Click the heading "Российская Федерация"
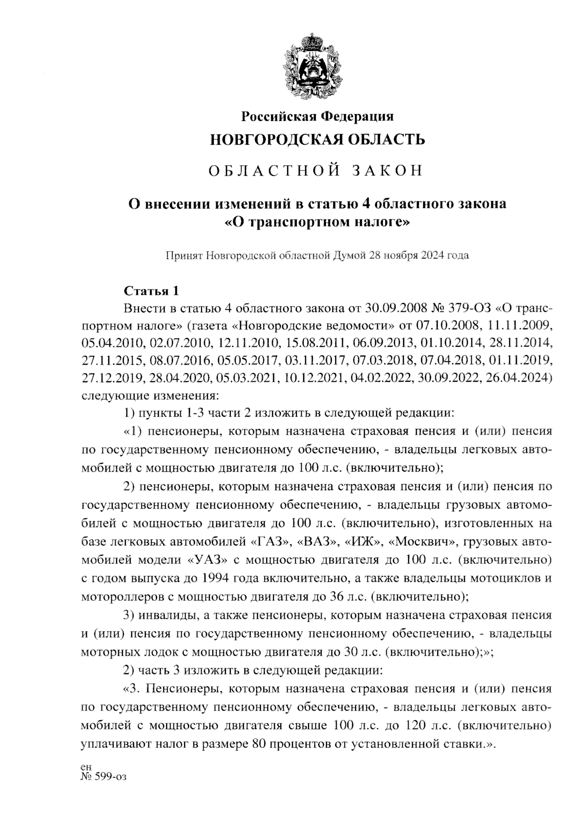(x=318, y=117)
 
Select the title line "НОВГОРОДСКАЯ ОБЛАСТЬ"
(x=317, y=140)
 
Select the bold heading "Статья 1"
(x=152, y=291)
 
